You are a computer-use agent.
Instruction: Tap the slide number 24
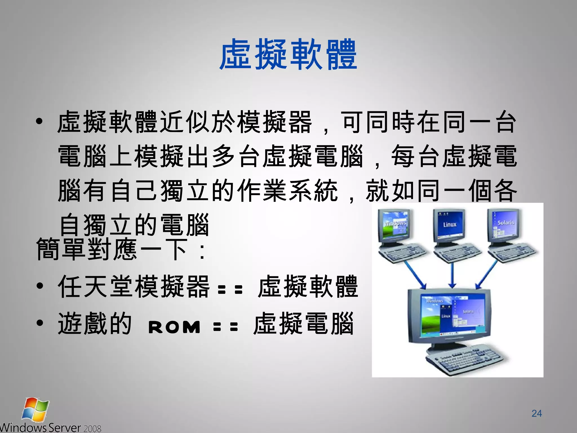coord(536,413)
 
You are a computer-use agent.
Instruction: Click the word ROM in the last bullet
coord(174,327)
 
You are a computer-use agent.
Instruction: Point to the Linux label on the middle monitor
coord(449,224)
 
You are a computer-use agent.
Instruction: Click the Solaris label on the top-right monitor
coord(505,223)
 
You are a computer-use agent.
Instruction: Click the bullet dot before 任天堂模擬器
coord(40,286)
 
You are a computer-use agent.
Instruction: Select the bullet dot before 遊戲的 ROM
coord(40,323)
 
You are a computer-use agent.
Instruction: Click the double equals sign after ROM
coord(226,327)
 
